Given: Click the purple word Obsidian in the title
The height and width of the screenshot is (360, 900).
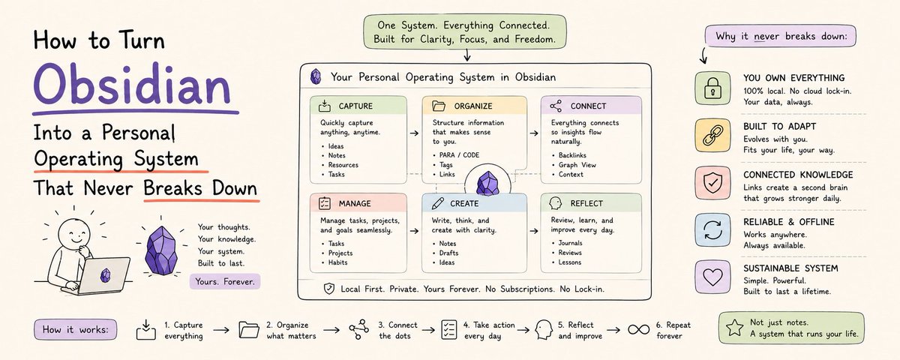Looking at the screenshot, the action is click(132, 85).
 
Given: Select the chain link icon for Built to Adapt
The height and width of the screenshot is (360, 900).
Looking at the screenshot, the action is click(712, 136).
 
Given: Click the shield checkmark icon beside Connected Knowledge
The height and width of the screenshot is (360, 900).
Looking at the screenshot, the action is click(712, 183).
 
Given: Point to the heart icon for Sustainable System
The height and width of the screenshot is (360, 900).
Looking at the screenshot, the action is click(712, 277).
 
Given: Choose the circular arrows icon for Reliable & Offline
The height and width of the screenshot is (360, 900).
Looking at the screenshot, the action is click(712, 230).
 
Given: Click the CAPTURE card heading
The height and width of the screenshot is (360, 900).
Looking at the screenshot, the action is click(355, 106).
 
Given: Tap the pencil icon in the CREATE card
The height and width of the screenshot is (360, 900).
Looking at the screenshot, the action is click(437, 203).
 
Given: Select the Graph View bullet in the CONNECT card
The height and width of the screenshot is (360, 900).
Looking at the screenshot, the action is click(577, 165).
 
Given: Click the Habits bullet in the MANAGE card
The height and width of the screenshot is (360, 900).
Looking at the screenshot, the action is click(337, 262).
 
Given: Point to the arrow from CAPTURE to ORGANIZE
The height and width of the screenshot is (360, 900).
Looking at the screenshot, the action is click(414, 133).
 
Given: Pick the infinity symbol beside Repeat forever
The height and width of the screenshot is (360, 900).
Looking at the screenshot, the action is click(638, 330).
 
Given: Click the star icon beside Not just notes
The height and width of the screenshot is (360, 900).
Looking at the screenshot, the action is click(735, 328).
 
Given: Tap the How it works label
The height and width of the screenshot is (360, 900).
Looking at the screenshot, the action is click(76, 330).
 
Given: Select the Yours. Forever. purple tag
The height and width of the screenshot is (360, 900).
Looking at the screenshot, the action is click(225, 282).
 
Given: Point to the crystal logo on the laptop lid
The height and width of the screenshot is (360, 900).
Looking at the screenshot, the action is click(105, 275).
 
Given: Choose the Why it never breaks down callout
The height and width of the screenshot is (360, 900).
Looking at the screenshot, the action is click(781, 36).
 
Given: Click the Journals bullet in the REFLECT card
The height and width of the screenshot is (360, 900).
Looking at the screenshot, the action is click(570, 243).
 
